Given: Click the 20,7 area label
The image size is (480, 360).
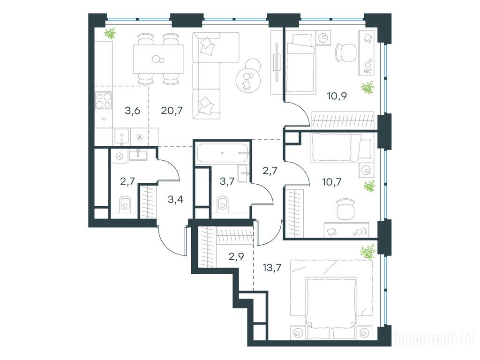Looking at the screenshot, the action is point(172,110).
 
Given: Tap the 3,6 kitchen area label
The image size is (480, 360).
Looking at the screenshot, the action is point(133,110).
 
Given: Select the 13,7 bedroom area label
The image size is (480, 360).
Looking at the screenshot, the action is point(272,268).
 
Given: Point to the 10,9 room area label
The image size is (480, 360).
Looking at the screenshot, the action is point(337,97).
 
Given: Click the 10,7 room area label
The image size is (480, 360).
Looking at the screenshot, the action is point(331,182).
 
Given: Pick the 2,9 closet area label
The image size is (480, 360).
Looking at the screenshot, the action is point(236,256).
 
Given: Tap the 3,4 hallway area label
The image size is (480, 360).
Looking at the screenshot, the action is point(176,200).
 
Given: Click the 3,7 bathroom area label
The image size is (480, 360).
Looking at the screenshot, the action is point(227,181).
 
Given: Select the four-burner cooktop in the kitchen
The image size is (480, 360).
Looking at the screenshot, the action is point(103,100).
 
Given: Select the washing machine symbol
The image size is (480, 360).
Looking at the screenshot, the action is point(119,156).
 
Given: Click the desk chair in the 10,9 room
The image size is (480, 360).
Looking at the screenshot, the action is point(346,52).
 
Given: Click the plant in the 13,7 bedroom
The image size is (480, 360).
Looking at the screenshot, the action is point(367,252).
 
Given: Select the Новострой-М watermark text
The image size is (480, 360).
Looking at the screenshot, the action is point(434,339).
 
